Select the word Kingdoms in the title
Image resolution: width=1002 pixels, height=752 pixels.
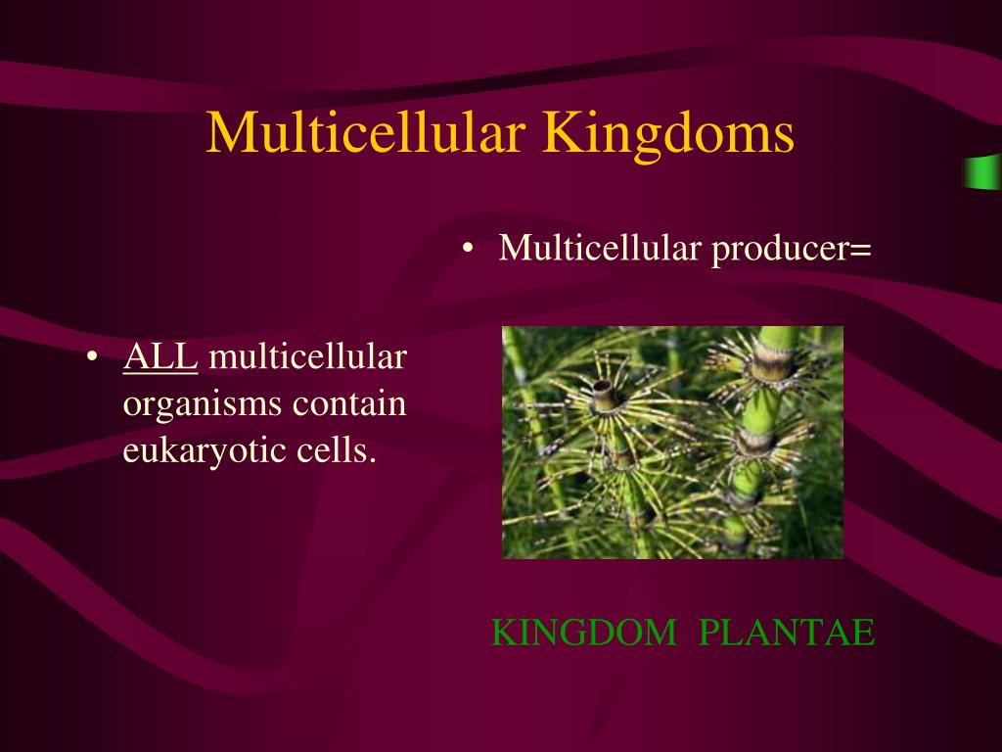[x=668, y=134]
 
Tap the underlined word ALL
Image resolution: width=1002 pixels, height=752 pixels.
[x=160, y=357]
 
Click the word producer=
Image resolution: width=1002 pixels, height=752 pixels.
[x=791, y=249]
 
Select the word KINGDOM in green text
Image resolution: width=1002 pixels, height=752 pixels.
[x=583, y=634]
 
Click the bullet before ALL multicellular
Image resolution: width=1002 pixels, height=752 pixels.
[x=92, y=358]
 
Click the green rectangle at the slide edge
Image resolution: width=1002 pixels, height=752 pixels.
[x=982, y=171]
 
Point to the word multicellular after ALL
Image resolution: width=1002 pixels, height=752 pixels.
[x=307, y=357]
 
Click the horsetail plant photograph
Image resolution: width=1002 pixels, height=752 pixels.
[x=672, y=443]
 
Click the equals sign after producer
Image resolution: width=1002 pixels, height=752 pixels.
[x=860, y=251]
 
